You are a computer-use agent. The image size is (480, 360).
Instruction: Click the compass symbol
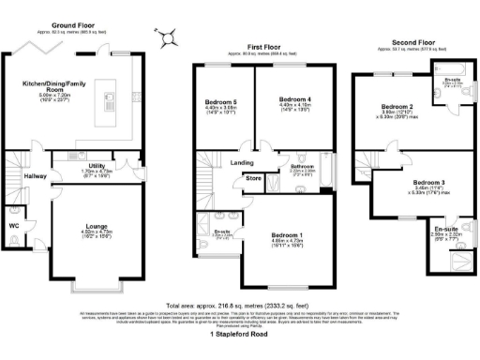coord(167,37)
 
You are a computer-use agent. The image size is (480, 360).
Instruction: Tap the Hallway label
coord(36,175)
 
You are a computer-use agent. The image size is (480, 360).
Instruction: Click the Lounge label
coord(96,225)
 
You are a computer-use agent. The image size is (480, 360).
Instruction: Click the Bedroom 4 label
coord(295,101)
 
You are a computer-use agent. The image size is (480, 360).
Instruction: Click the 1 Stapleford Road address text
coord(239,335)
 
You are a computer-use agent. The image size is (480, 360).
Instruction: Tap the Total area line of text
coord(239,306)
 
